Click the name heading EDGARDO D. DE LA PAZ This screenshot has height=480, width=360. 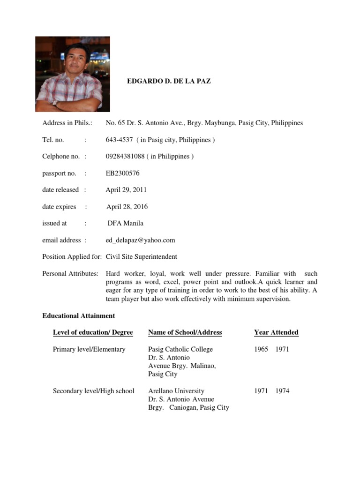tap(169, 81)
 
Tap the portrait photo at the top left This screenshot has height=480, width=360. tap(73, 74)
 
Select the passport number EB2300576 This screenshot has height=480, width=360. tap(122, 173)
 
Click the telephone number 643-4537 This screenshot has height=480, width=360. tap(120, 140)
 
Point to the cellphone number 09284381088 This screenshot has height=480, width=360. tap(125, 156)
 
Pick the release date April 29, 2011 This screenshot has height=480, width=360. tap(126, 190)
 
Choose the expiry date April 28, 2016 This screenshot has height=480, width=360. tap(127, 207)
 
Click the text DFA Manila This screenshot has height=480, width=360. tap(125, 223)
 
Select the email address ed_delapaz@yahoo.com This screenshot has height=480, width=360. tap(140, 240)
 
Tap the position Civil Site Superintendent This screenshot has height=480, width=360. tap(142, 257)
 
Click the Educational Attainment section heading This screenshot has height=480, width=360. tap(78, 316)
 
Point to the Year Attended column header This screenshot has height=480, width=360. tap(276, 332)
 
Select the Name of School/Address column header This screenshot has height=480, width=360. tap(185, 332)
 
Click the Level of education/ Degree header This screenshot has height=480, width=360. tap(93, 332)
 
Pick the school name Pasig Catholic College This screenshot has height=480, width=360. tap(180, 349)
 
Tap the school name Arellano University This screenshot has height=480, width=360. tap(176, 391)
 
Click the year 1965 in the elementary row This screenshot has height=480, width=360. tap(261, 349)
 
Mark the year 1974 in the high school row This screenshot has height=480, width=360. tap(282, 391)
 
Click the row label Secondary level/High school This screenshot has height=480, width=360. tap(94, 391)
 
